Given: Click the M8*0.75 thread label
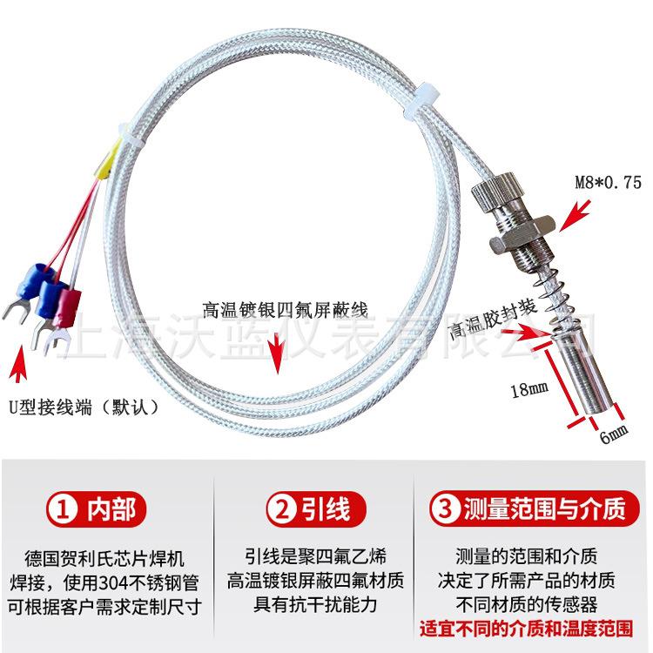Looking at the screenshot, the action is tap(608, 182).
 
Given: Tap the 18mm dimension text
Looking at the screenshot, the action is tap(529, 390).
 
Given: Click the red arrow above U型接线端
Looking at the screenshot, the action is tap(17, 363).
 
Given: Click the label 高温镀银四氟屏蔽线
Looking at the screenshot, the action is tap(286, 310).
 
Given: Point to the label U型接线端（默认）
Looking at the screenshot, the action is tap(84, 407).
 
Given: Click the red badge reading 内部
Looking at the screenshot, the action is tap(96, 509).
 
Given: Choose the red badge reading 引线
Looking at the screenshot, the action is tap(316, 509).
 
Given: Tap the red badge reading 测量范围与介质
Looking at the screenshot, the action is tap(534, 509).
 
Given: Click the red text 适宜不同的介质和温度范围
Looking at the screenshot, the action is tap(527, 629).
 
